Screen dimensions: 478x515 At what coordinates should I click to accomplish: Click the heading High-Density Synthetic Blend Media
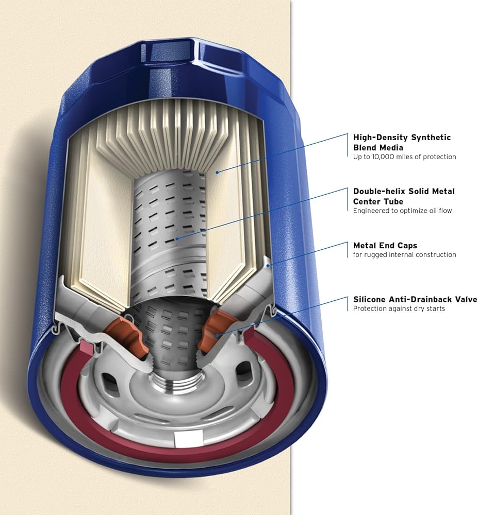point(402,142)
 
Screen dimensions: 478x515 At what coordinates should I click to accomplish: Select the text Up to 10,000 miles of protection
point(404,157)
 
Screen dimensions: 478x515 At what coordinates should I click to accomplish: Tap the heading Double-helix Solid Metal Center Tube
point(404,196)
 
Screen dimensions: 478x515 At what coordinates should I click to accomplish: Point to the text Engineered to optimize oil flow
point(402,211)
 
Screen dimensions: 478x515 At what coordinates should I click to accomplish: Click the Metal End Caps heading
point(385,245)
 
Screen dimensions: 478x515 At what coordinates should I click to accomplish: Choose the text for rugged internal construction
point(404,254)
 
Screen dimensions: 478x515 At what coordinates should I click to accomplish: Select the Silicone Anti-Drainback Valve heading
point(415,299)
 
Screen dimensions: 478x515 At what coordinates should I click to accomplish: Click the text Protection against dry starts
point(399,308)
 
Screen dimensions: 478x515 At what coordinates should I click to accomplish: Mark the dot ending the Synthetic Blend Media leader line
point(217,172)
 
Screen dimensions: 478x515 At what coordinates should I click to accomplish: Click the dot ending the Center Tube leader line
point(177,239)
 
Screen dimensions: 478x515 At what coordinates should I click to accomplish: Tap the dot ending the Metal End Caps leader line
point(269,265)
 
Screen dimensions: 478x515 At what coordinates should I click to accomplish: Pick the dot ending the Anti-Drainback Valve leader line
point(217,335)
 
